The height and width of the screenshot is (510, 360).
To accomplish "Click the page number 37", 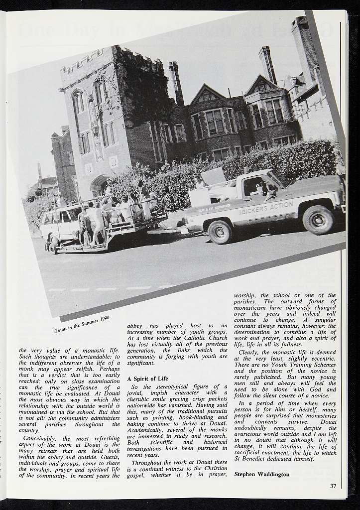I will (333, 486).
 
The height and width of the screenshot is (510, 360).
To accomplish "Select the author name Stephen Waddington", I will (261, 474).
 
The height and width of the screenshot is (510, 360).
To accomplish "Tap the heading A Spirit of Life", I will (148, 379).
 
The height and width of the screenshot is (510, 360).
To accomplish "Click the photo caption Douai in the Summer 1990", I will (82, 324).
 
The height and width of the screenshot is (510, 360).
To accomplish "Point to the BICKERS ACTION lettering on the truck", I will (267, 207).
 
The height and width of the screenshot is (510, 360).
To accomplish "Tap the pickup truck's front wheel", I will (318, 219).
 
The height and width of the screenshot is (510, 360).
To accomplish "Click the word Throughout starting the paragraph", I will (149, 463).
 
